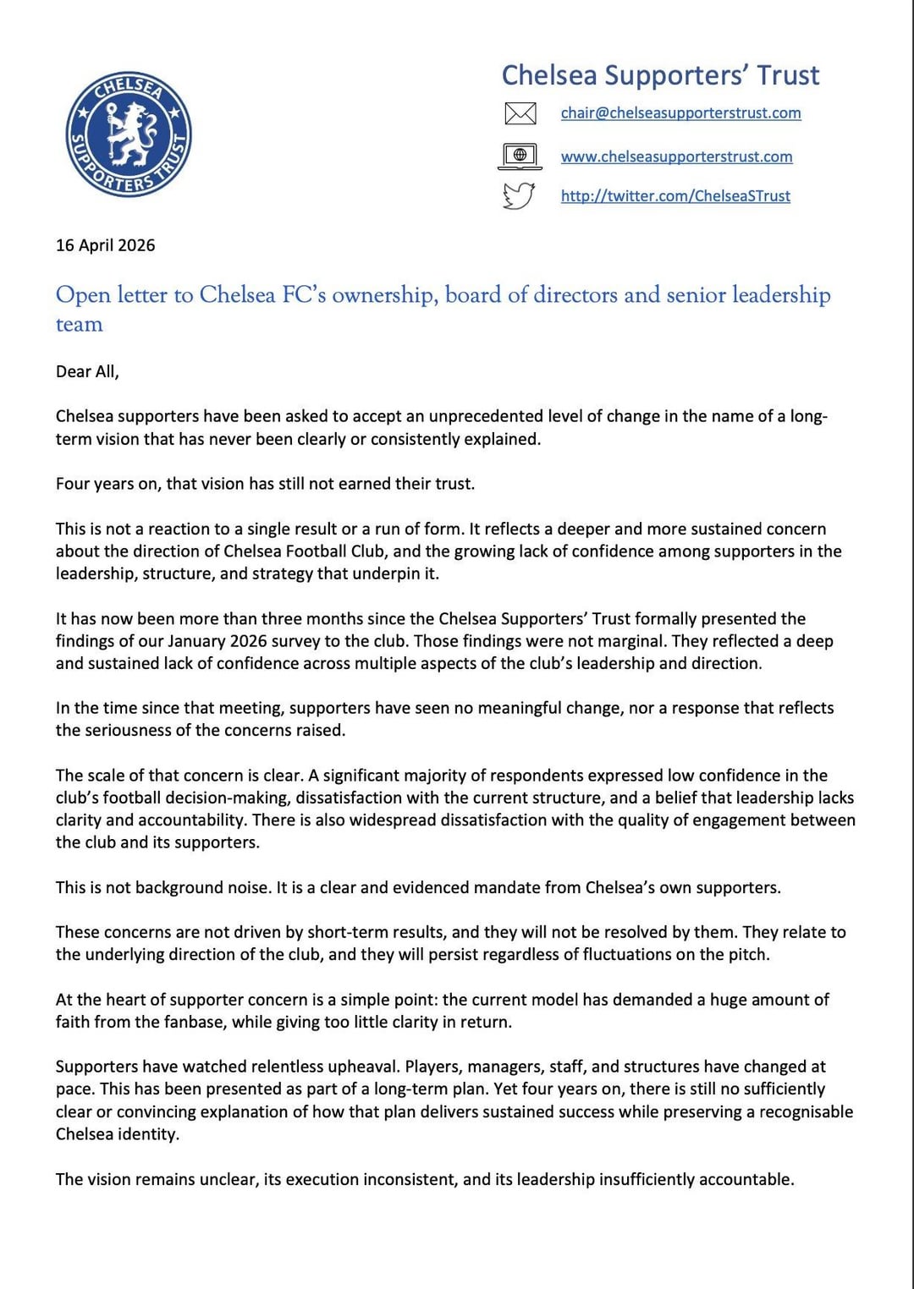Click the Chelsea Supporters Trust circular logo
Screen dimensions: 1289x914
coord(129,134)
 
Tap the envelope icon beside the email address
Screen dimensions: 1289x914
coord(520,112)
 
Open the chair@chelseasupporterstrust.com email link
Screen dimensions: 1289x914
coord(680,112)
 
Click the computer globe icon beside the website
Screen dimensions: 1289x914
coord(520,156)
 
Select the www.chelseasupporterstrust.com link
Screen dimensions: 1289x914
coord(676,156)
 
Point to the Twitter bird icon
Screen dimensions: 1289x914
coord(519,195)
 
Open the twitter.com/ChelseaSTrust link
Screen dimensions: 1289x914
coord(675,196)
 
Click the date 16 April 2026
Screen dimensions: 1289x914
coord(106,245)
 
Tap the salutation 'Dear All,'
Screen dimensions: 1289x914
coord(87,371)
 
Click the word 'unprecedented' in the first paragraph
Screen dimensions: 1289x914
coord(486,416)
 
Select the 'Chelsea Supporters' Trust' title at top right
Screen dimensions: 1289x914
coord(660,75)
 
